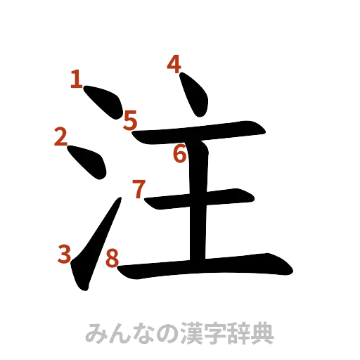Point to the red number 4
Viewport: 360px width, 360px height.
(x=174, y=65)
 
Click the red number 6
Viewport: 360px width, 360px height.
(x=180, y=153)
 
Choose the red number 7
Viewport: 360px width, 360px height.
(x=139, y=188)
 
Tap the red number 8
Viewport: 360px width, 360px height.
(x=110, y=258)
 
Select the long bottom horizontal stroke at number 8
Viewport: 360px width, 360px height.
(x=204, y=266)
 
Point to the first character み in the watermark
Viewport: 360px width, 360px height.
(x=94, y=333)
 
